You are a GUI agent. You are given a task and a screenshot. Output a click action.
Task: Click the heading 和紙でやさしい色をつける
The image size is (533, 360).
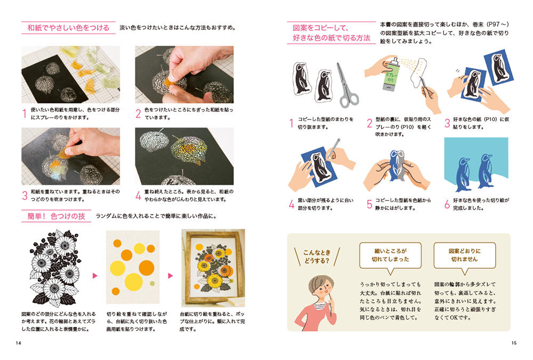coord(68,28)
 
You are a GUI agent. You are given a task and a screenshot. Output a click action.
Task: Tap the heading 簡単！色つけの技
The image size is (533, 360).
coord(56,216)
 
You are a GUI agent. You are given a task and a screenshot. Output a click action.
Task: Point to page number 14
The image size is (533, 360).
coord(18,343)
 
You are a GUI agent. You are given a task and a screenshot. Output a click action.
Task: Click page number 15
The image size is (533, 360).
coord(514,343)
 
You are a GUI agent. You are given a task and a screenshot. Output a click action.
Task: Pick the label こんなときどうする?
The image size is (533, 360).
coord(317,257)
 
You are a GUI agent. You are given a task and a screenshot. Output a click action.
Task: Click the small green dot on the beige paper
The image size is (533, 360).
coord(152,283)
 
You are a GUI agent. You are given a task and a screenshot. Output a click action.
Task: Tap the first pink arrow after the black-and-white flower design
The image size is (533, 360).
coord(95,276)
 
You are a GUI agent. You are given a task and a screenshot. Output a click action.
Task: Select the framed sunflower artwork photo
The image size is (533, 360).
coord(213,268)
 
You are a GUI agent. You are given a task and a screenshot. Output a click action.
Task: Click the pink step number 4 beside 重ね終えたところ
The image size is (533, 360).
coord(138,195)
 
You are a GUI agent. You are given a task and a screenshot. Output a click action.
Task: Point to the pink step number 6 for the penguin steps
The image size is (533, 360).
coord(447,204)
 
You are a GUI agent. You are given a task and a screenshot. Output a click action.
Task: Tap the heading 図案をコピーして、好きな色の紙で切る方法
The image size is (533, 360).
coord(332,33)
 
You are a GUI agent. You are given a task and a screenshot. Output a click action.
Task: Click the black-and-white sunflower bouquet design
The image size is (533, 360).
coord(55,268)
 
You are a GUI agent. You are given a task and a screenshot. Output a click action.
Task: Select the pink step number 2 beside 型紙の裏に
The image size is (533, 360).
coord(369,123)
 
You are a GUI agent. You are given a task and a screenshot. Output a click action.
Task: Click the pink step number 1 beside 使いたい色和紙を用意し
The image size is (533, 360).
coord(25,113)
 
